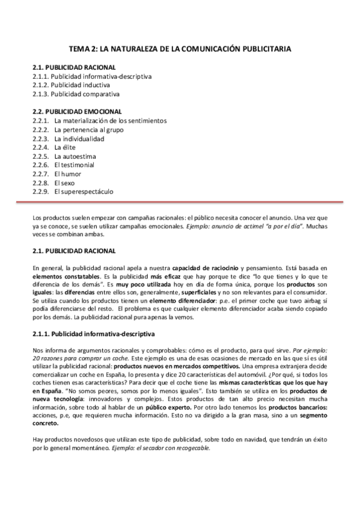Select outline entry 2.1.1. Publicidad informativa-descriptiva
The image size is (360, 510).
[x=92, y=77]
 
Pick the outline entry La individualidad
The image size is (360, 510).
[x=79, y=138]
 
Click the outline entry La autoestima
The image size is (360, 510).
[x=75, y=156]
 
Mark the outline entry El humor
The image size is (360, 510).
[x=67, y=174]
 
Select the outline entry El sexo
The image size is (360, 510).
[x=64, y=182]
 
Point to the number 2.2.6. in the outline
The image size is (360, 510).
[x=40, y=165]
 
